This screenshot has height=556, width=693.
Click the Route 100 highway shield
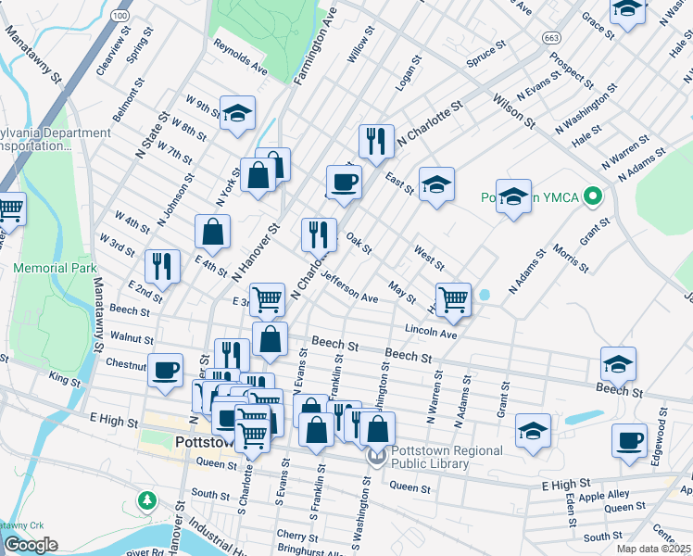(x=119, y=16)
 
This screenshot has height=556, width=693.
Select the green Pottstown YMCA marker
(x=594, y=197)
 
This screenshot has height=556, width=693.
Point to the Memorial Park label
(x=55, y=268)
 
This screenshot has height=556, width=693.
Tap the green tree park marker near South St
(x=146, y=500)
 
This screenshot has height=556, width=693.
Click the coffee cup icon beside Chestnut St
(x=166, y=370)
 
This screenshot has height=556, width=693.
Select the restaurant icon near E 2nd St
(x=163, y=265)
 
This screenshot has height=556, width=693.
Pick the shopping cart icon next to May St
(x=453, y=298)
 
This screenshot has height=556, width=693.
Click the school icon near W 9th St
(x=237, y=113)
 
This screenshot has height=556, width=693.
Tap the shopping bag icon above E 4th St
(x=213, y=232)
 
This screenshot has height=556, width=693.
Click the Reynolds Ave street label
(x=240, y=57)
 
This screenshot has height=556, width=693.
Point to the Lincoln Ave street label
(x=431, y=331)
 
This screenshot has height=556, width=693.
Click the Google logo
(x=31, y=545)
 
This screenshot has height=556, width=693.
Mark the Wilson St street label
(x=514, y=109)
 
